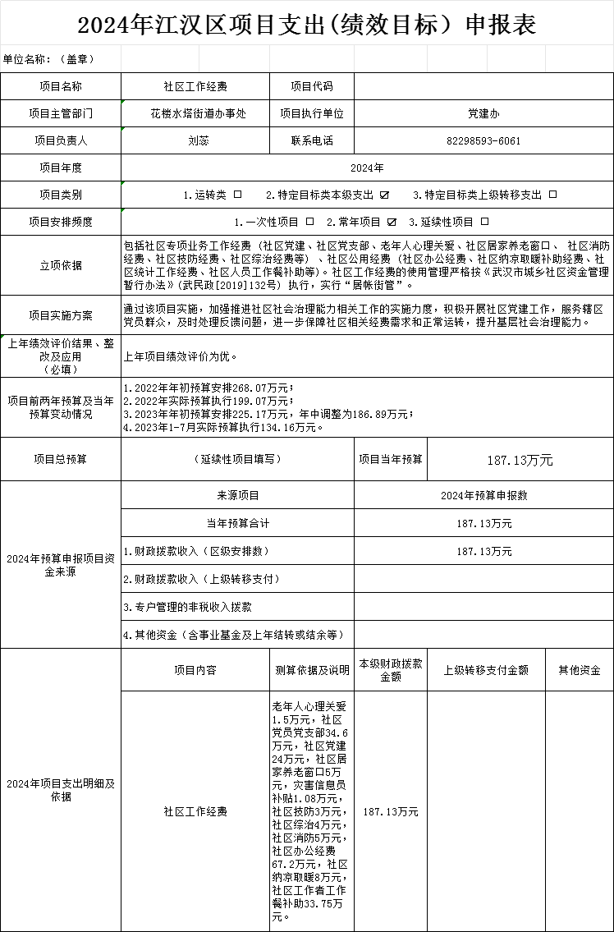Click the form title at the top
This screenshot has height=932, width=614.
click(307, 25)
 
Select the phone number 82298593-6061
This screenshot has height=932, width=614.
click(483, 140)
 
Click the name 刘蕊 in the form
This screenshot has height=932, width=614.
click(198, 140)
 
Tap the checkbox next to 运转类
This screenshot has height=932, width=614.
click(238, 195)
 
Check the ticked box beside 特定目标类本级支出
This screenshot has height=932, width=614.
click(385, 195)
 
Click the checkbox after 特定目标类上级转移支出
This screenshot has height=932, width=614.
click(552, 195)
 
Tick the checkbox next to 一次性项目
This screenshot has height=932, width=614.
click(309, 222)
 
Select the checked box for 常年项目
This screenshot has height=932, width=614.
click(392, 222)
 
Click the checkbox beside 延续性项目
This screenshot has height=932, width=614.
click(485, 222)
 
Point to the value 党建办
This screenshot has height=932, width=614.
click(483, 113)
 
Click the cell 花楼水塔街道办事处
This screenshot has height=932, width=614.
click(198, 113)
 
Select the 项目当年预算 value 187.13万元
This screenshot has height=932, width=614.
click(520, 461)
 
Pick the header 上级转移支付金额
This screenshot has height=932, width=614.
click(487, 670)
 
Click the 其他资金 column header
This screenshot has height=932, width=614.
click(580, 670)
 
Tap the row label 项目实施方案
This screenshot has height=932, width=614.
click(61, 315)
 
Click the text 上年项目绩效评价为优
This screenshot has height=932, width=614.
click(180, 357)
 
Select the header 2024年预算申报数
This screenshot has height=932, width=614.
click(483, 495)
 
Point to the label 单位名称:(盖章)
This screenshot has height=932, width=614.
click(49, 59)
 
